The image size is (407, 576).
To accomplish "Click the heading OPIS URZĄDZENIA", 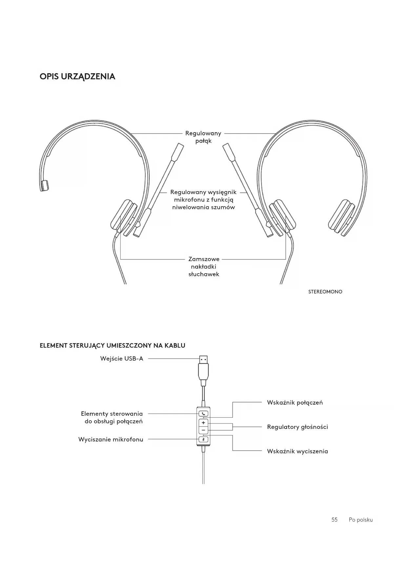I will [77, 77].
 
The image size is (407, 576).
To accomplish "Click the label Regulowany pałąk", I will [203, 137].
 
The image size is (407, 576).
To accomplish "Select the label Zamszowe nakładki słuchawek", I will [204, 267].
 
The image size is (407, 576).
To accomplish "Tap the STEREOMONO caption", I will [325, 292].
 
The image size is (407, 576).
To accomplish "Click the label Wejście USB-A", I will [122, 359].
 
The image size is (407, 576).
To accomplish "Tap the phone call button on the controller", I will [203, 414].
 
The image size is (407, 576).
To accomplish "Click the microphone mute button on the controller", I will [203, 439].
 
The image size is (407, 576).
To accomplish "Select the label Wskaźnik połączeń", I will [295, 403].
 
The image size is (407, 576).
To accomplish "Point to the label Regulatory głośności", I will [297, 427].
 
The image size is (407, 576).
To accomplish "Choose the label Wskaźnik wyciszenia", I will [297, 451].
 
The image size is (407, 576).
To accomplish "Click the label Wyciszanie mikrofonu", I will [111, 439].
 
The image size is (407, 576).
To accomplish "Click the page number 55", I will [334, 520].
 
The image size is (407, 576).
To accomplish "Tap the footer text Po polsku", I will [361, 520].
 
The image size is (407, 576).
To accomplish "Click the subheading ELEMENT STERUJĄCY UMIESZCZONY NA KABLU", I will [112, 345].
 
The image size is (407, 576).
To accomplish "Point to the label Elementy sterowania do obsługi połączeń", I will [112, 417].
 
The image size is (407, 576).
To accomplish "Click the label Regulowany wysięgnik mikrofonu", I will [203, 200].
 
